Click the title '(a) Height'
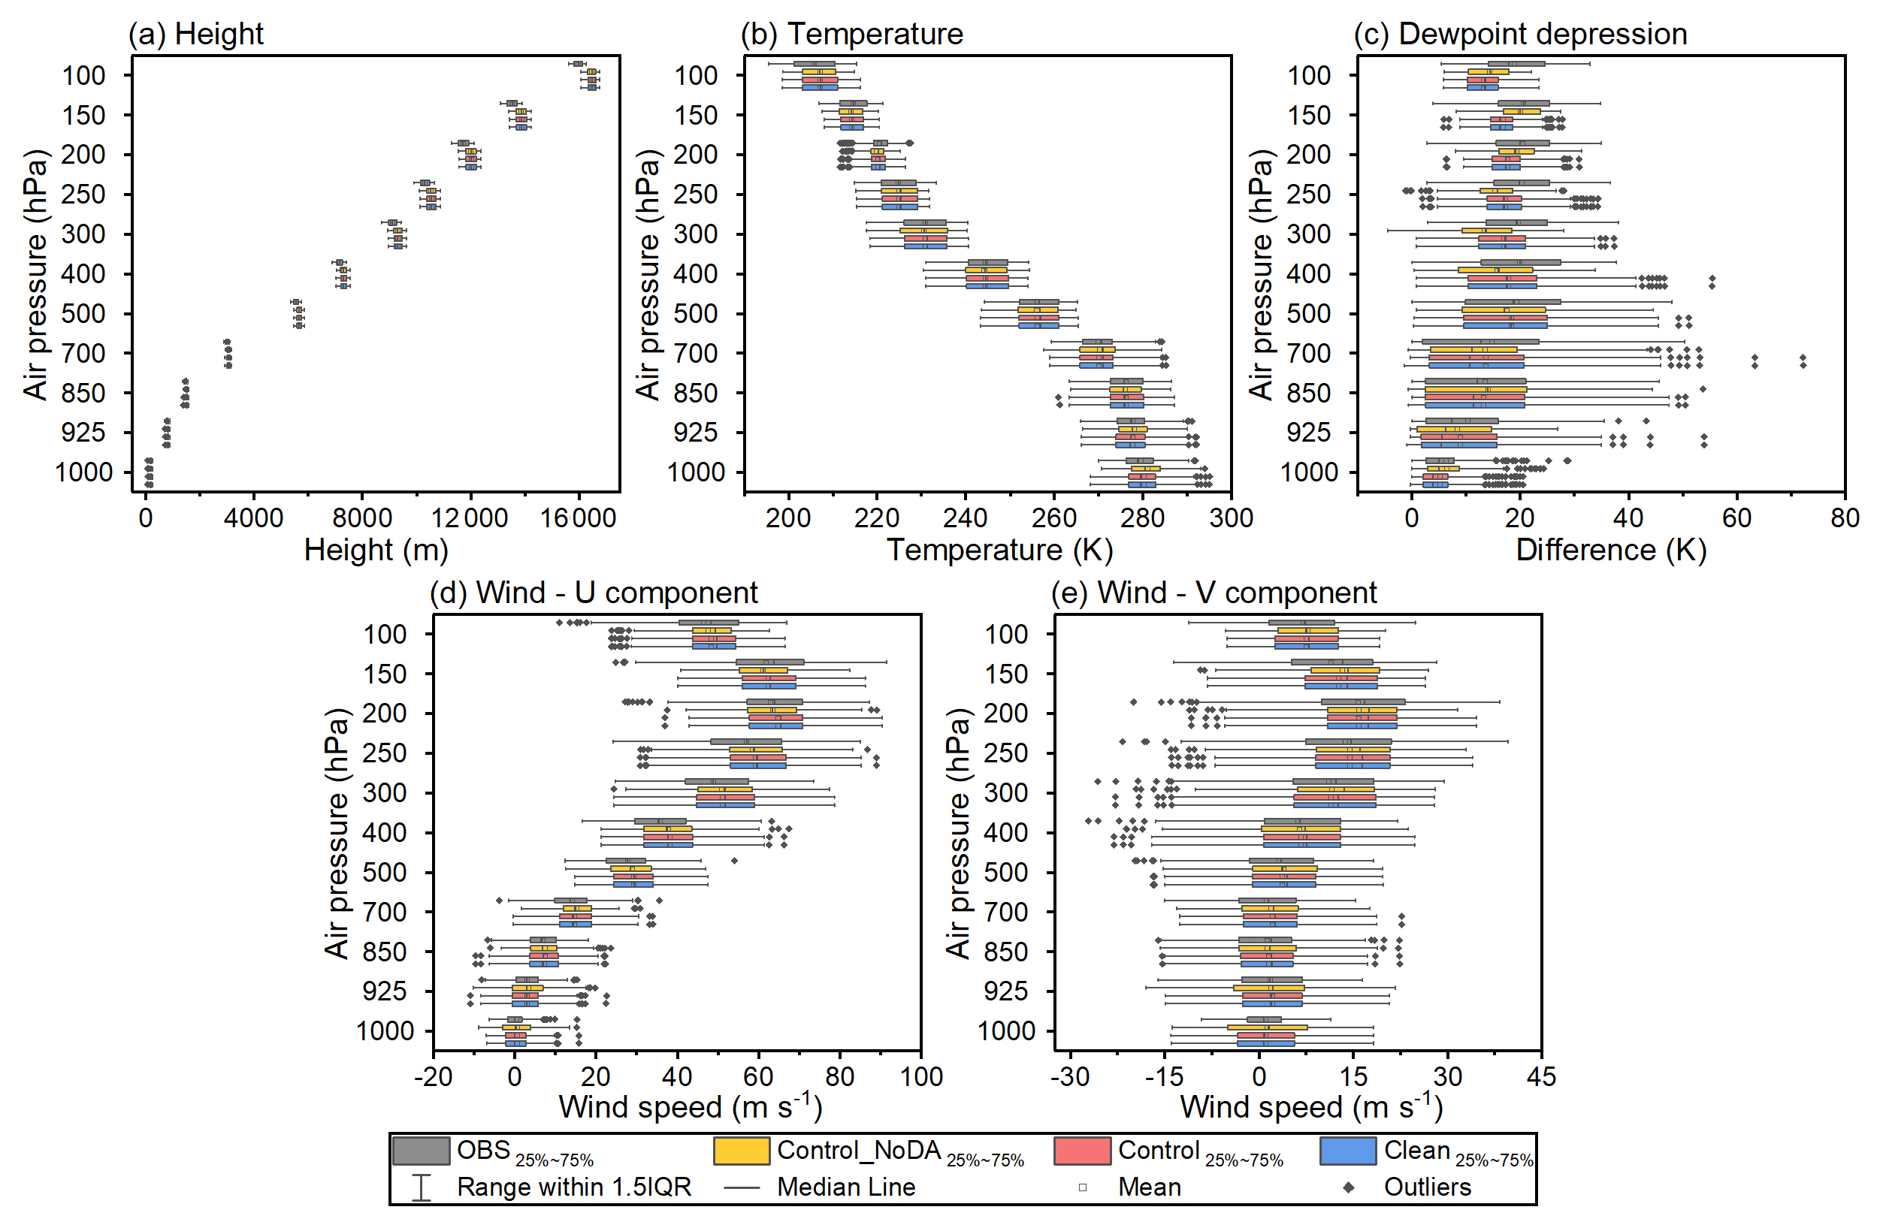point(195,34)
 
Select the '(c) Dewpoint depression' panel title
point(1520,34)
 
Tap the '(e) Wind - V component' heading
point(1214,593)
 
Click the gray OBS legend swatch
point(421,1151)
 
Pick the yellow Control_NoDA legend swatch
point(741,1151)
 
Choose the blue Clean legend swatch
point(1347,1151)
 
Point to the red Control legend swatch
point(1082,1151)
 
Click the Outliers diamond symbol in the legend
point(1349,1187)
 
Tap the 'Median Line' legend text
point(846,1187)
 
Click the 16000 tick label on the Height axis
point(579,519)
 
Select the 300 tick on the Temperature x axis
point(1231,519)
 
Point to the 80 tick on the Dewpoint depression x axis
point(1845,519)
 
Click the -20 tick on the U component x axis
point(433,1077)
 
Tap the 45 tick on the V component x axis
point(1541,1077)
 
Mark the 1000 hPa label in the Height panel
point(83,472)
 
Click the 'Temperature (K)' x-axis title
point(999,551)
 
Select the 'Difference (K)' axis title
point(1611,551)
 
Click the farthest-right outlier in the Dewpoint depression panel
point(1803,362)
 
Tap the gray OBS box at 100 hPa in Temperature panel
point(815,64)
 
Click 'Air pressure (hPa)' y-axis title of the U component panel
point(337,833)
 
